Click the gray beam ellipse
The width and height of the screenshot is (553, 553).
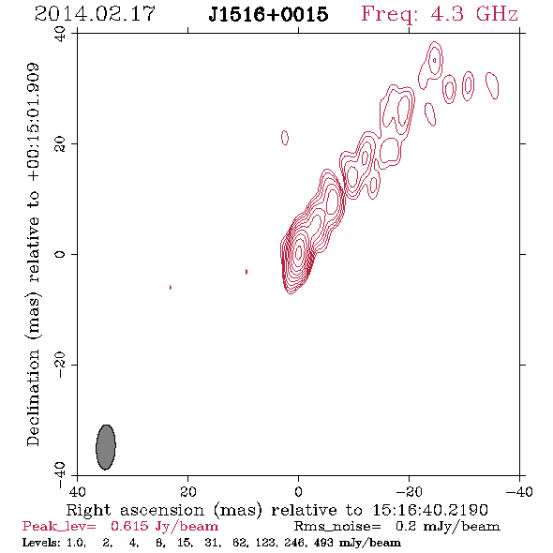coord(106,447)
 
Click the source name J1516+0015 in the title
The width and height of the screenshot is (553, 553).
coord(268,14)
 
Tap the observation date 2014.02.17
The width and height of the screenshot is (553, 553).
coord(95,14)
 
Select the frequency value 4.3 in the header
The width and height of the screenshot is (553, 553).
coord(447,14)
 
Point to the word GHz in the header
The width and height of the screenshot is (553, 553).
coord(497,14)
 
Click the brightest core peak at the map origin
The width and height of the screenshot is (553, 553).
coord(299,252)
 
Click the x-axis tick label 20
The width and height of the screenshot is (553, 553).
coord(187,491)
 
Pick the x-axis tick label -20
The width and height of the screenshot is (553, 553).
coord(409,491)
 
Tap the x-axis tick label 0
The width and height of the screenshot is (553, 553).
coord(298,491)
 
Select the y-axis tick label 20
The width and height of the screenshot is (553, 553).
coord(60,144)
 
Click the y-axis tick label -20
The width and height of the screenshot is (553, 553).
coord(60,365)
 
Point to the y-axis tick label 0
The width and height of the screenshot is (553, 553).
coord(60,254)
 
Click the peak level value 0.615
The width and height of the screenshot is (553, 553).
coord(129,526)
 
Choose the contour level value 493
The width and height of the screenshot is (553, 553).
coord(323,542)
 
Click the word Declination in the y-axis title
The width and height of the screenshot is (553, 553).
coord(33,397)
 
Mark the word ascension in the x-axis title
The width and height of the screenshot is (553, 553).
coord(162,510)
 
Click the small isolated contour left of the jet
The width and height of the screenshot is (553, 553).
coord(285,138)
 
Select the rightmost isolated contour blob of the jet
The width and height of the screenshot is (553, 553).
coord(492,85)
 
